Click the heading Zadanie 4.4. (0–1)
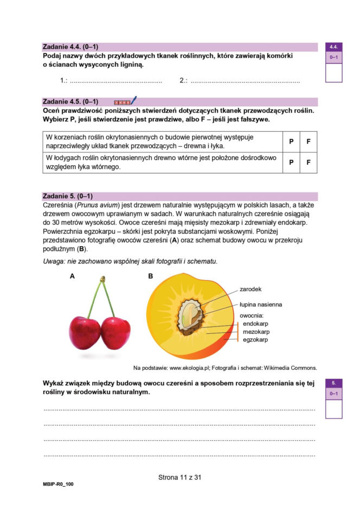coord(70,47)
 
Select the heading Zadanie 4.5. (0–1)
coord(70,101)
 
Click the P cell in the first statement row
coord(291,141)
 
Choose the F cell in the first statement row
coord(308,141)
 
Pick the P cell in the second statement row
coord(291,162)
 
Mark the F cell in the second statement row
coord(308,162)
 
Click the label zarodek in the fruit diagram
coord(250,289)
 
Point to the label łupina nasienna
coord(260,305)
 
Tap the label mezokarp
coord(256,331)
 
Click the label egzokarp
coord(255,339)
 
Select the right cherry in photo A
coord(115,332)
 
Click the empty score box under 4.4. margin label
coord(333,73)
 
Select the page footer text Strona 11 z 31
coord(179,478)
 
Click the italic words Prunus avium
coord(95,206)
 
